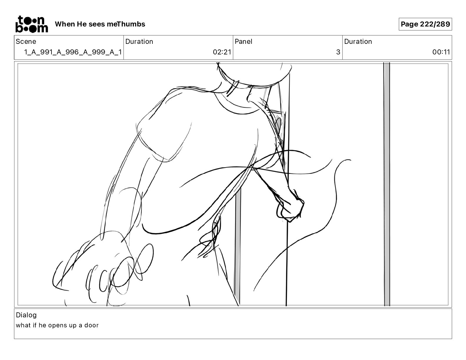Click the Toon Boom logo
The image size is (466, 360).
pyautogui.click(x=31, y=24)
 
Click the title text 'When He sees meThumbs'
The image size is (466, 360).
pyautogui.click(x=100, y=24)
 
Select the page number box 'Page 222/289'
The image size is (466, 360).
pyautogui.click(x=425, y=24)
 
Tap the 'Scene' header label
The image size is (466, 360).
pyautogui.click(x=26, y=41)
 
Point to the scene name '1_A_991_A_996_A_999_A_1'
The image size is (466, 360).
pyautogui.click(x=73, y=52)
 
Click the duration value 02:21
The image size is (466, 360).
pyautogui.click(x=222, y=52)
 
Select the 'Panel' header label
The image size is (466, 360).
pyautogui.click(x=244, y=41)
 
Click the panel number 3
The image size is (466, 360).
pyautogui.click(x=338, y=52)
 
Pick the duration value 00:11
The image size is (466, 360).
pyautogui.click(x=441, y=52)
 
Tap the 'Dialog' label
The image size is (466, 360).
pyautogui.click(x=26, y=315)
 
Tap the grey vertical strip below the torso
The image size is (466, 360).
pyautogui.click(x=237, y=241)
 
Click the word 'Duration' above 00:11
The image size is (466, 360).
pyautogui.click(x=358, y=41)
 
